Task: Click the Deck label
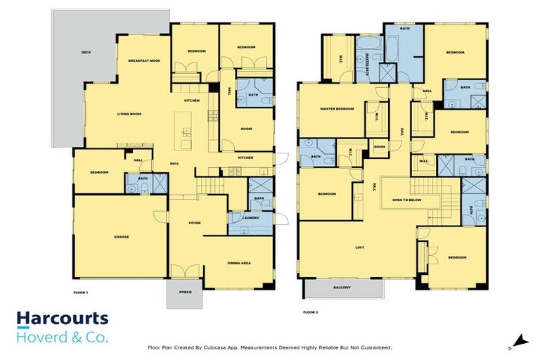(86, 52)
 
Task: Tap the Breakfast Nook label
(144, 61)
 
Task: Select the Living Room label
(129, 113)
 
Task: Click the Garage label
(122, 237)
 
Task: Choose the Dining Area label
(239, 263)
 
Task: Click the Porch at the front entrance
(186, 292)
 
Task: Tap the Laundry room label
(250, 217)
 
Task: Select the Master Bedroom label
(337, 109)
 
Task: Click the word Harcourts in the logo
(63, 319)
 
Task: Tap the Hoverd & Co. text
(63, 337)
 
